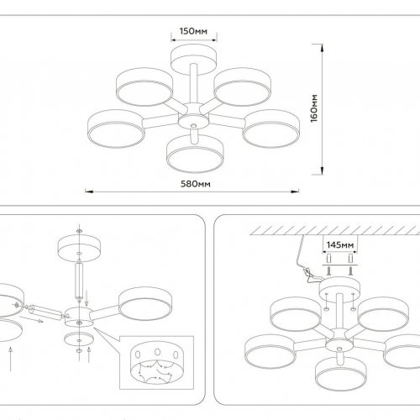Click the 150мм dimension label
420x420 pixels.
pos(194,31)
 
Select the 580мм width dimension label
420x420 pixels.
pos(195,184)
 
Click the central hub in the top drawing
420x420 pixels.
pos(192,109)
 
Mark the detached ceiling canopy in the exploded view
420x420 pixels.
pos(79,249)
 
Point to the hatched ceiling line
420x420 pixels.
pos(319,228)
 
